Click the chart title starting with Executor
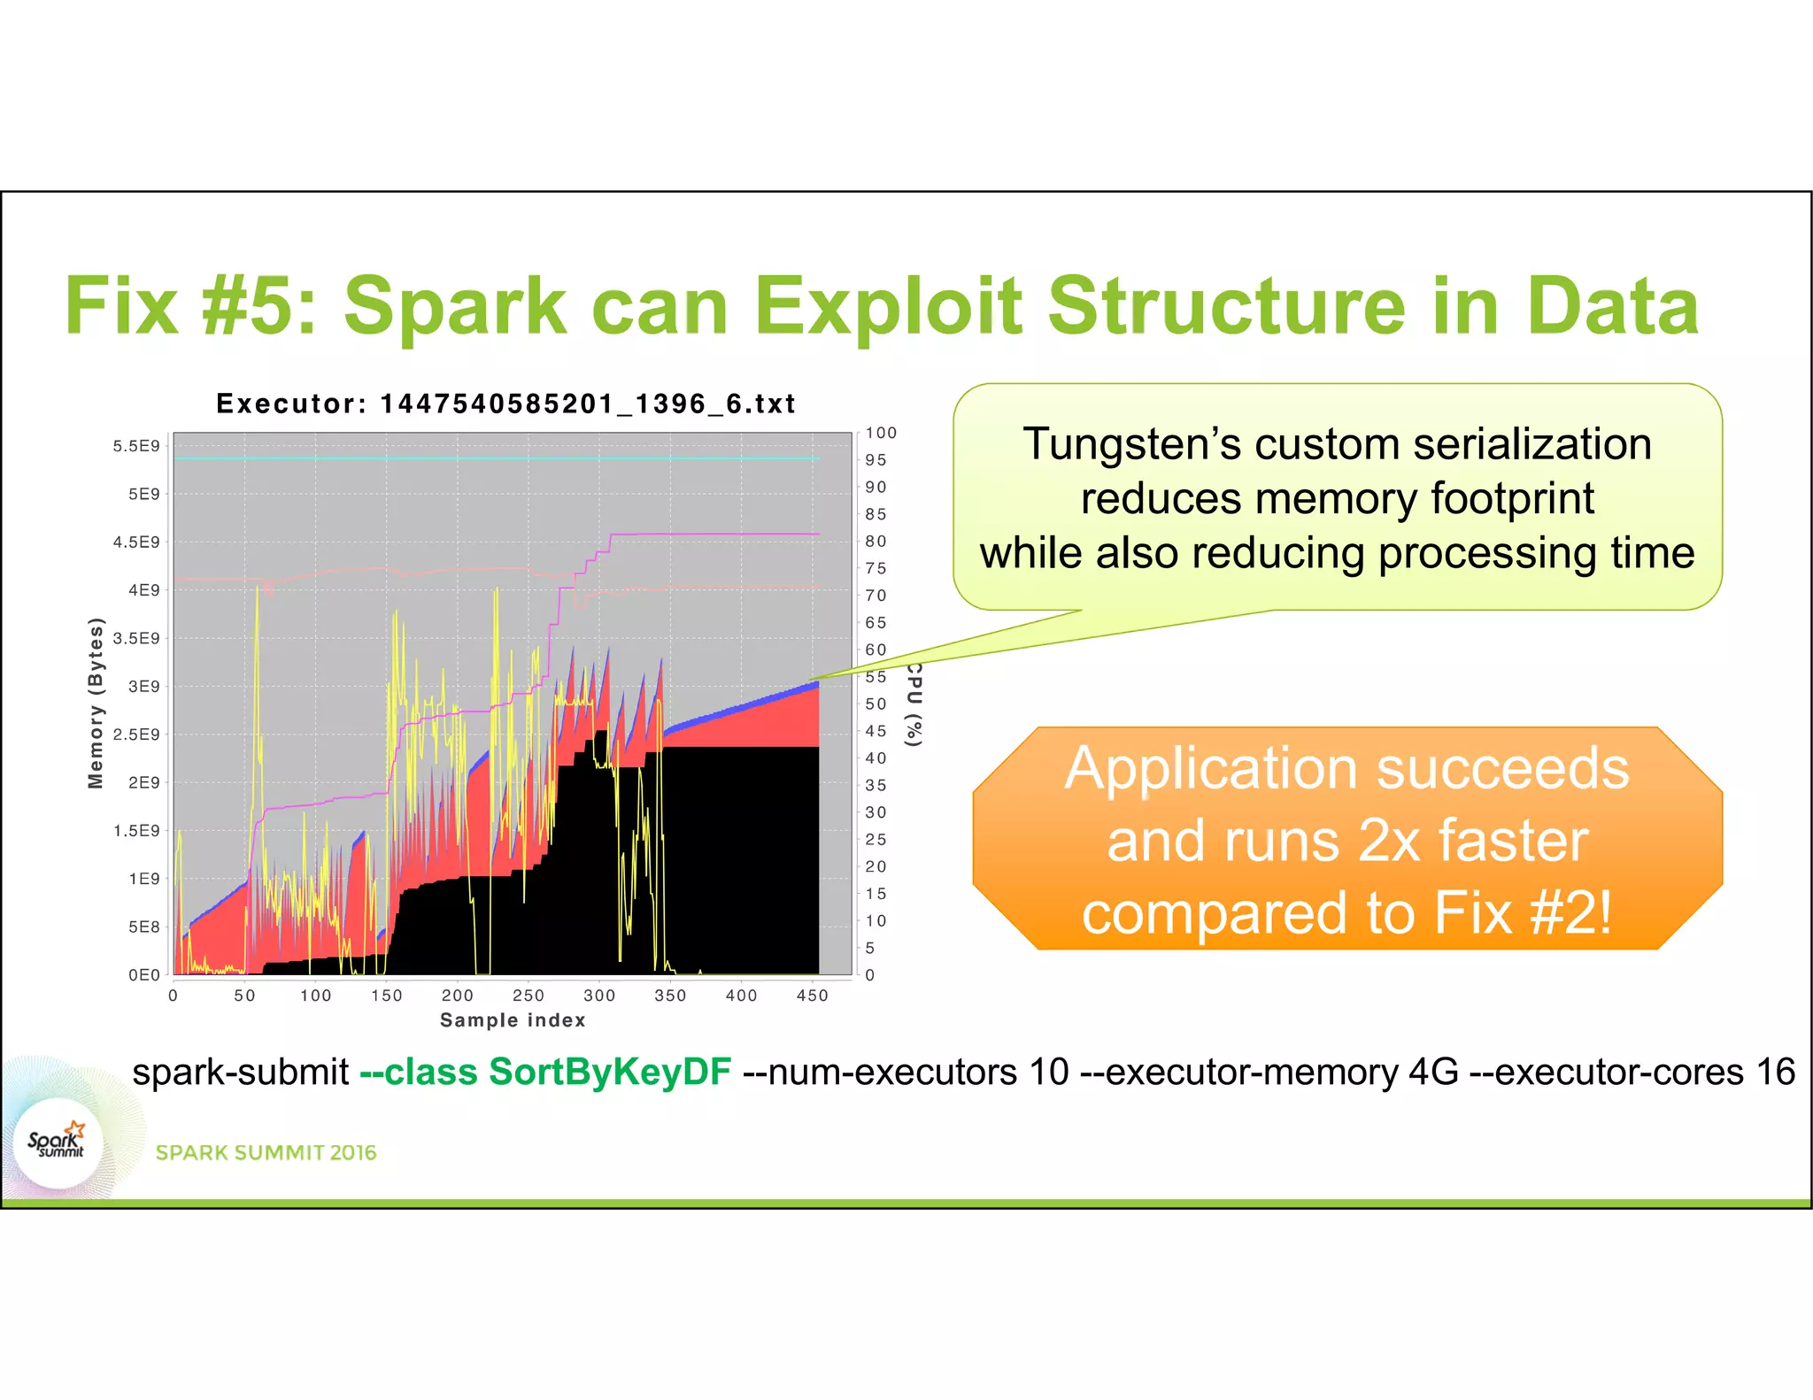[505, 404]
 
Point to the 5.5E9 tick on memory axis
[136, 446]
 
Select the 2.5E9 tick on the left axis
[136, 735]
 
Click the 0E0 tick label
[143, 975]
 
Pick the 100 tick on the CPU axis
[881, 433]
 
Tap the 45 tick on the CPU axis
[876, 731]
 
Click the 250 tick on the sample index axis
[528, 996]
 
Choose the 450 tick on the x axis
[812, 996]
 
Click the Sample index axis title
[513, 1020]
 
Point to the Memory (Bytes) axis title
[96, 703]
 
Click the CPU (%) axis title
[914, 704]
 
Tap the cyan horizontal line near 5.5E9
[496, 458]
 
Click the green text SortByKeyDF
[610, 1072]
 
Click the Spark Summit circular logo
[58, 1143]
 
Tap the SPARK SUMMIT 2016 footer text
[266, 1152]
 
